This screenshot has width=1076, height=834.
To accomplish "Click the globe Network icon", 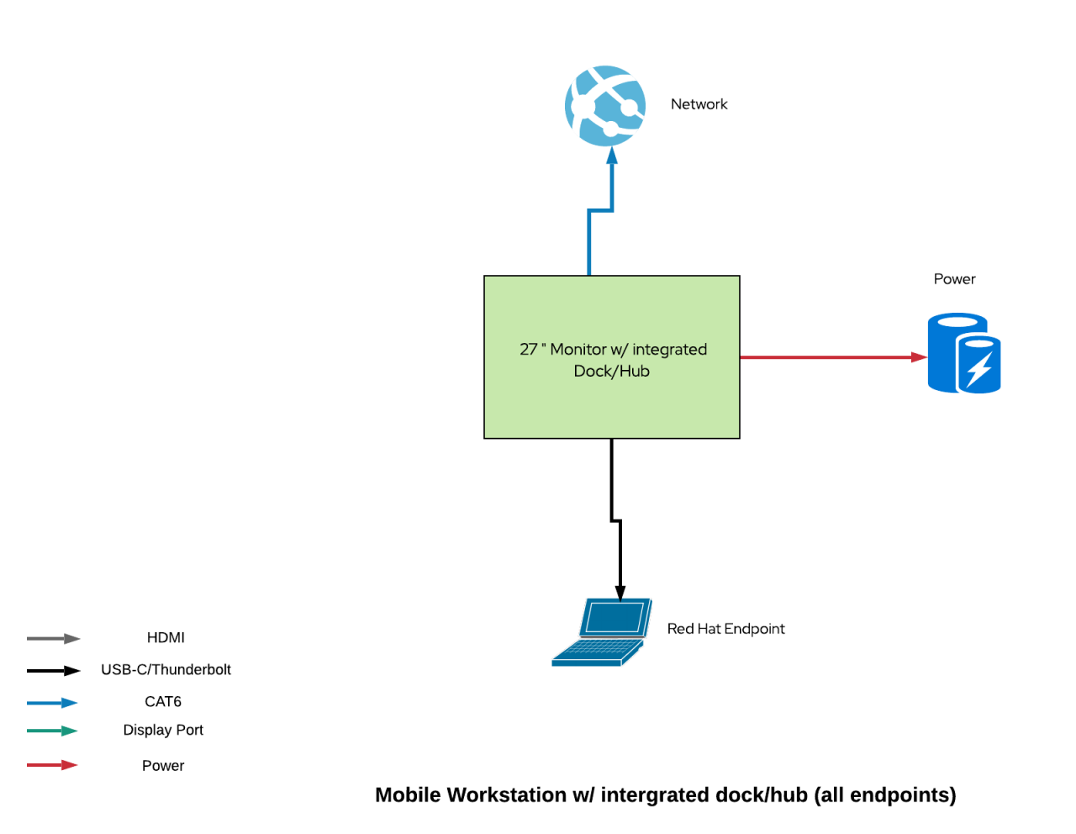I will (605, 106).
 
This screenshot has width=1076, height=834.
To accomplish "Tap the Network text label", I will (699, 104).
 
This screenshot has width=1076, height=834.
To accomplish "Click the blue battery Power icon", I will (963, 353).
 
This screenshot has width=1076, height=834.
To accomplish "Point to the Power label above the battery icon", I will (954, 279).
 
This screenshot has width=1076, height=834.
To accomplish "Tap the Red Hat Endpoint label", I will (725, 629).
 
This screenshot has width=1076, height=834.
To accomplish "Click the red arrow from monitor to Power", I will (832, 357).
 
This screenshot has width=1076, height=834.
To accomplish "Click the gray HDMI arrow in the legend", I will (53, 639).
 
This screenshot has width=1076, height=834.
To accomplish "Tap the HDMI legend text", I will (166, 638).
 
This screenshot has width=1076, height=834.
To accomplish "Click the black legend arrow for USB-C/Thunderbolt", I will (53, 671).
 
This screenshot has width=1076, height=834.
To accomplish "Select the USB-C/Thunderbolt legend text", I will (166, 670).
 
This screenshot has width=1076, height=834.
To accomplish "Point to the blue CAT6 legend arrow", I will (52, 703).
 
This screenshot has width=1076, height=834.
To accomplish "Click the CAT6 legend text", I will (163, 702).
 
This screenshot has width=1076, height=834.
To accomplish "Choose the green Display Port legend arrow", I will (52, 731).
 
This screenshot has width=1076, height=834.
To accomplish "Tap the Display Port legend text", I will (163, 731).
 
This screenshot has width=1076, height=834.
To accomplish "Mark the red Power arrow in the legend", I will (52, 765).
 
